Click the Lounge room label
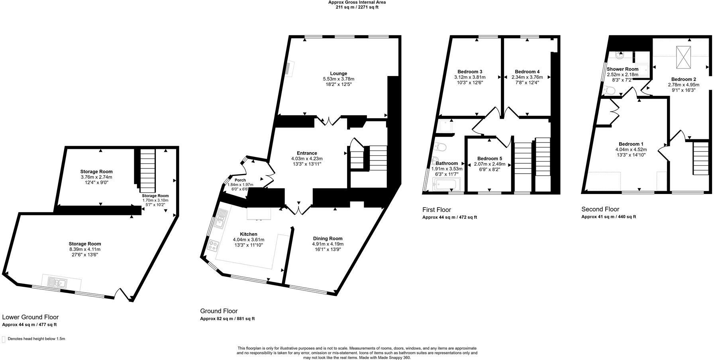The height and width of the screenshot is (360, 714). (x=338, y=73)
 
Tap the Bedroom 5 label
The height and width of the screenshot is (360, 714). (x=489, y=158)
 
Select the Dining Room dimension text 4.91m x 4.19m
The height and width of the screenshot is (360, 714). (x=328, y=244)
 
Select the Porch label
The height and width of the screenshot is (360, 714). (x=240, y=180)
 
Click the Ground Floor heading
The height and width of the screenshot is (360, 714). (x=219, y=311)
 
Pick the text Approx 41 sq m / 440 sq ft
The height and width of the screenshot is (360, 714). (x=608, y=217)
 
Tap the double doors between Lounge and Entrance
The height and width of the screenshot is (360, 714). (x=328, y=121)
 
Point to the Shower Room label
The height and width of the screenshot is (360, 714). (x=622, y=69)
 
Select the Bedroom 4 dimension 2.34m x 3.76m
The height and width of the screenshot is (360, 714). (x=527, y=77)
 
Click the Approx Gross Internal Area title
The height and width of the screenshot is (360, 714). (x=357, y=2)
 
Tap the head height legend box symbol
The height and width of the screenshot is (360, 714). (x=4, y=339)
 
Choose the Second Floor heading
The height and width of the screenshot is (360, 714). (x=600, y=209)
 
